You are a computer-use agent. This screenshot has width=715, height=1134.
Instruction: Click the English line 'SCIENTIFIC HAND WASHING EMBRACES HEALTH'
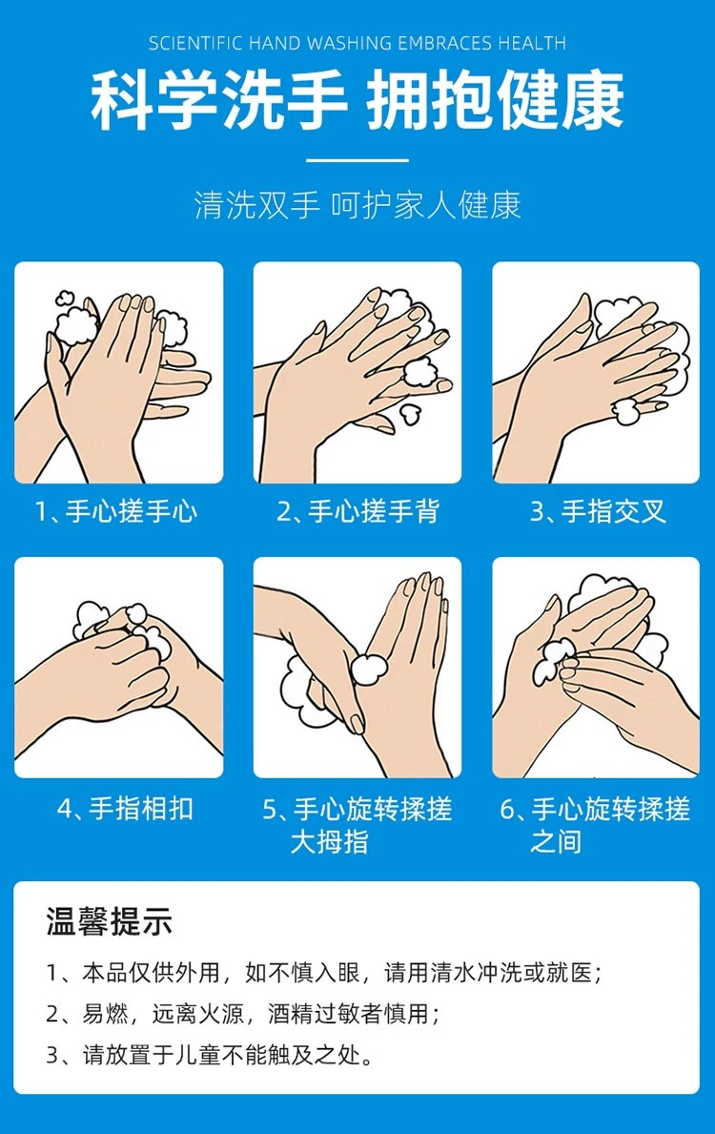[357, 43]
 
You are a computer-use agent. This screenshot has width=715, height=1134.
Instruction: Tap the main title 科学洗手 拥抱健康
[357, 100]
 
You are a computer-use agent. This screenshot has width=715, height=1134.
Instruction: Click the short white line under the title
[357, 160]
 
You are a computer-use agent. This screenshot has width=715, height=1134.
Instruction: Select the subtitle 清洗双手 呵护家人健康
[357, 205]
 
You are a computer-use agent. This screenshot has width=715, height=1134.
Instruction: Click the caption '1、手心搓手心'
[116, 511]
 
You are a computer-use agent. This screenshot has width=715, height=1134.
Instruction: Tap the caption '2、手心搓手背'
[357, 511]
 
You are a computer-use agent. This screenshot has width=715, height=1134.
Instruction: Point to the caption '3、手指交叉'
[597, 511]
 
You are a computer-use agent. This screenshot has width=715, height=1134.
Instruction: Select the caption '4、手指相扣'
[125, 808]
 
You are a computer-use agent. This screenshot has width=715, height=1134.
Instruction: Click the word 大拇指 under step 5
[330, 842]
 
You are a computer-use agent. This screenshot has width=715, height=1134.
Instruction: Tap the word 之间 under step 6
[556, 842]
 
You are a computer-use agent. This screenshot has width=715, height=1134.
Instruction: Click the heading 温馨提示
[110, 921]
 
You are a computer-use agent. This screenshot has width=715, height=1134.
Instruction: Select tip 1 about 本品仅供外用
[324, 973]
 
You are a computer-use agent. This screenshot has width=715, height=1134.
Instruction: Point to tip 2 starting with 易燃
[243, 1014]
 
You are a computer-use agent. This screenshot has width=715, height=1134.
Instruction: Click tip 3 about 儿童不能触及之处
[211, 1055]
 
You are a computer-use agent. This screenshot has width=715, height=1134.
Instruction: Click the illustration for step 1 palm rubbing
[119, 373]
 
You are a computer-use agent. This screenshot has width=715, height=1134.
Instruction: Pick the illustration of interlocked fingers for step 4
[119, 668]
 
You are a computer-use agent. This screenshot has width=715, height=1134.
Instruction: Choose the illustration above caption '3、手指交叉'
[596, 373]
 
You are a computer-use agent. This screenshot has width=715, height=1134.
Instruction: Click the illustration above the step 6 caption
[596, 668]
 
